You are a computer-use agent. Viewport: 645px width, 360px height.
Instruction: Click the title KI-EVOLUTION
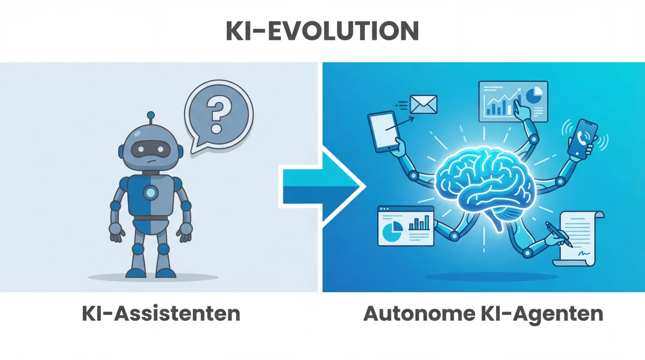[322, 31]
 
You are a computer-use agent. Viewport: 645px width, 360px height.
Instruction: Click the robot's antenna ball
[151, 115]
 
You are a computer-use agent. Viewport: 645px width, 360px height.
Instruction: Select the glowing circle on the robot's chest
[151, 192]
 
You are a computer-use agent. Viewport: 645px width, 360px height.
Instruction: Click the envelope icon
[424, 104]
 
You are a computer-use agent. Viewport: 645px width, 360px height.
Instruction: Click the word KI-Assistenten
[161, 313]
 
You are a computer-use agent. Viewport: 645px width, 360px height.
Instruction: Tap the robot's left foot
[168, 270]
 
